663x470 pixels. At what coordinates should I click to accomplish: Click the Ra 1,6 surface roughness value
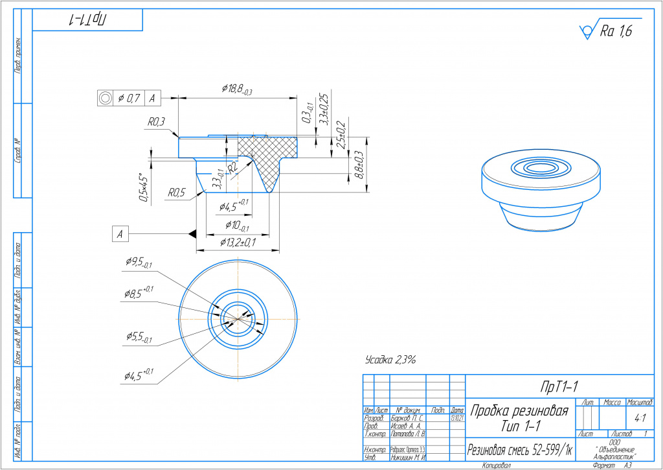[616, 30]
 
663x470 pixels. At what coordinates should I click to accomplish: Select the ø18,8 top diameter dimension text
[236, 89]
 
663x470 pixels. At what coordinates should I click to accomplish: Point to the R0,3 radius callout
[157, 121]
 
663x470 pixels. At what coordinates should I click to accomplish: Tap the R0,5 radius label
[177, 193]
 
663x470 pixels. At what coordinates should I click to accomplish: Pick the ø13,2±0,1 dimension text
[238, 242]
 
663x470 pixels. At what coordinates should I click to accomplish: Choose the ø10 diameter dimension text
[238, 225]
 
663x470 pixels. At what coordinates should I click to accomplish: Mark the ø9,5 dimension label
[139, 263]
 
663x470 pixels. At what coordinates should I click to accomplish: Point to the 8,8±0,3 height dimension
[357, 165]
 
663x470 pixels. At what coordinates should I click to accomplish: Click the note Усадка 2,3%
[390, 358]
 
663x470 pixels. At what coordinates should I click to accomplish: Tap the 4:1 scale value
[639, 418]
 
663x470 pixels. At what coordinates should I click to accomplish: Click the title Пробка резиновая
[519, 411]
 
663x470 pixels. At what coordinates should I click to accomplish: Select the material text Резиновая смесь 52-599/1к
[520, 450]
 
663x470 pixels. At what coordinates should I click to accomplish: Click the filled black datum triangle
[192, 233]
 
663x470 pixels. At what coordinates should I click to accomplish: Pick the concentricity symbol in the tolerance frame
[104, 98]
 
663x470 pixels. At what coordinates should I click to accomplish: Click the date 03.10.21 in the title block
[457, 418]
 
